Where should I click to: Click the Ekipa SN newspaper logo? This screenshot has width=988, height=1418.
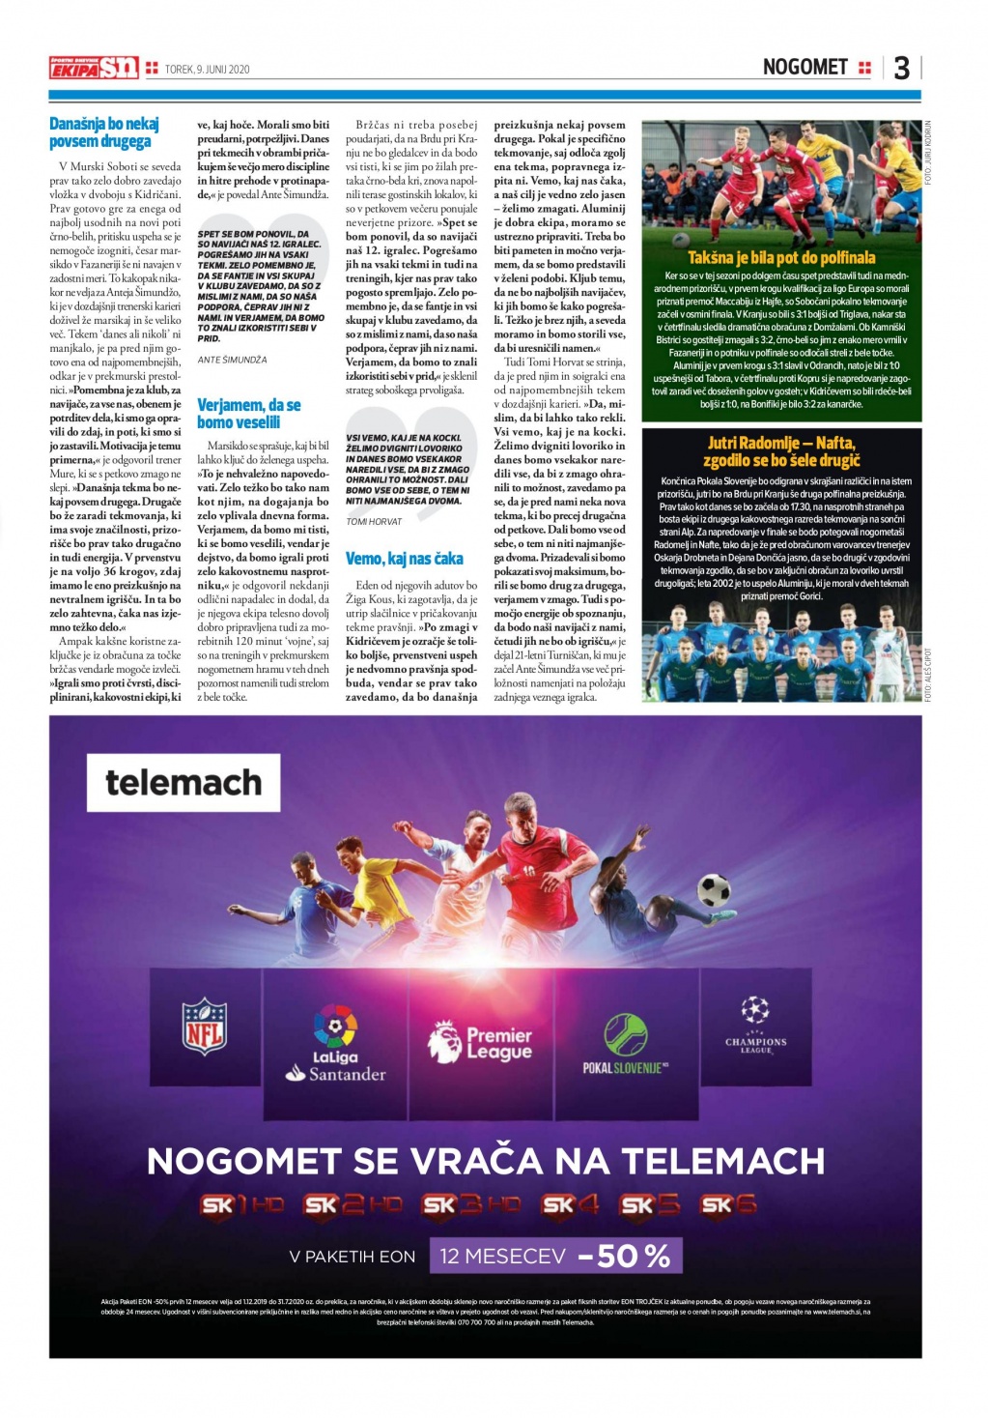94,68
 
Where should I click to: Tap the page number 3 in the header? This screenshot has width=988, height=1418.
901,68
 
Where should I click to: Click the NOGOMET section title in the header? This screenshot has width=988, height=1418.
805,67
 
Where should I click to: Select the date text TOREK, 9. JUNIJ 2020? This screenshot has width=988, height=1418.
207,69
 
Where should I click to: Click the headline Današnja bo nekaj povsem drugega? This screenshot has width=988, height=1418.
104,132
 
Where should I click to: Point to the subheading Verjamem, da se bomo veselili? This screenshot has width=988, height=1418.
248,414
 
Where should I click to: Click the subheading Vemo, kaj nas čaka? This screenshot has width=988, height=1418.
404,559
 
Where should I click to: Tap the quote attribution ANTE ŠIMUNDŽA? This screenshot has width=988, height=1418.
232,360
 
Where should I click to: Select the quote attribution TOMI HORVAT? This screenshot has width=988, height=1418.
374,522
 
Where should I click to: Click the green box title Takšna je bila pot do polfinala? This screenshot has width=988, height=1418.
781,258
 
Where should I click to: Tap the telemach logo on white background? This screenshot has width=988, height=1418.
183,782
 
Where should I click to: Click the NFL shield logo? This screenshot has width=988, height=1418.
205,1027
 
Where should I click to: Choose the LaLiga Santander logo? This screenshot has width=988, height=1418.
335,1042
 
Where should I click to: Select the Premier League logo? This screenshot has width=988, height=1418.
481,1042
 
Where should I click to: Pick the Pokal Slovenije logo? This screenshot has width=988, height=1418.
625,1042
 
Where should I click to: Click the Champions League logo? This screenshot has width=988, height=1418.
755,1027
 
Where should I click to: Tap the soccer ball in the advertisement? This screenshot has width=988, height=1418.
714,890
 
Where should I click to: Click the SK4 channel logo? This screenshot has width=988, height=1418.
570,1205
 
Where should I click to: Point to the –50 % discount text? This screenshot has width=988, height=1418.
624,1256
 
